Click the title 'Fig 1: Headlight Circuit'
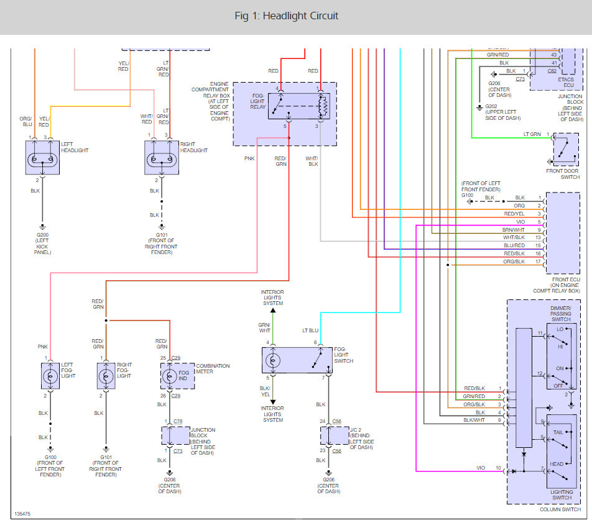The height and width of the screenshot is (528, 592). [x=287, y=16]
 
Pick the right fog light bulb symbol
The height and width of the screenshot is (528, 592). [x=106, y=376]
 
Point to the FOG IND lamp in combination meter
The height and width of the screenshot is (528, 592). [x=170, y=376]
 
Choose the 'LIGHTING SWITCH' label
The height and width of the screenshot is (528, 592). [x=562, y=494]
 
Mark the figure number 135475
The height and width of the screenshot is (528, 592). [x=22, y=514]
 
